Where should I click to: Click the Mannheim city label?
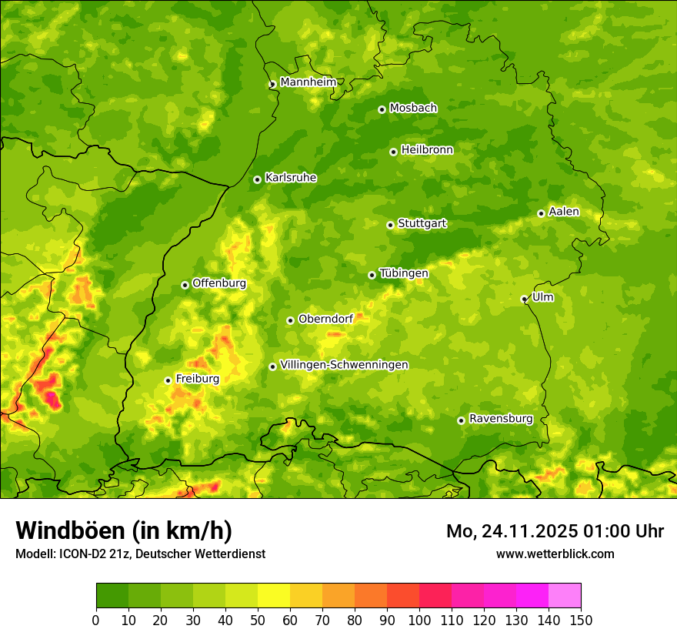point(308,82)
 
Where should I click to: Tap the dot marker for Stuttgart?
point(390,225)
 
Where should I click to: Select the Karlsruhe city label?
point(291,178)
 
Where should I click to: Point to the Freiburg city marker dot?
point(168,380)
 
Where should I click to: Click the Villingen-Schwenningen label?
point(344,365)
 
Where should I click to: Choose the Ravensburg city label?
point(501,419)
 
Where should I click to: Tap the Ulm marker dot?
point(524,299)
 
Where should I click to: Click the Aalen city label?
point(564,212)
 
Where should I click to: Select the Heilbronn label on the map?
point(427,150)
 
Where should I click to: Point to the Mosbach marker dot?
point(382,109)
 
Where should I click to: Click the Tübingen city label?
point(404,273)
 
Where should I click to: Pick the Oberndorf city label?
point(325,319)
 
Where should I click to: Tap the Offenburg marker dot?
point(185,285)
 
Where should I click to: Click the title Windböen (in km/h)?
point(123,530)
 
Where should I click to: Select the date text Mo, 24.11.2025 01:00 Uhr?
point(555,531)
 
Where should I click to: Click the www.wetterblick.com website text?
point(555,554)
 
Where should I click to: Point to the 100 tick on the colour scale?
point(419,620)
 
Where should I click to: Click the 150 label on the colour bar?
point(581,620)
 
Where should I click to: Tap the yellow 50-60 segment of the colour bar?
point(273,595)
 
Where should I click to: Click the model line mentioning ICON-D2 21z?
point(140,554)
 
